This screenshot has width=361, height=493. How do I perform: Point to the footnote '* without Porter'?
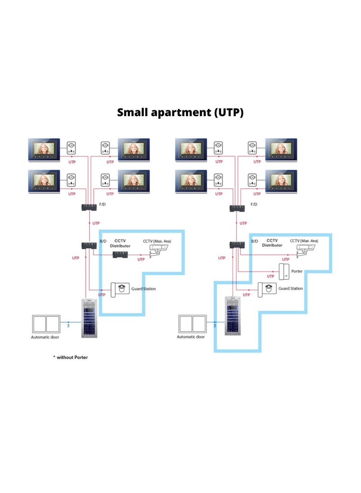(x=70, y=357)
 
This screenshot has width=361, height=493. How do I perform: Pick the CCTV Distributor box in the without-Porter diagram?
(x=120, y=254)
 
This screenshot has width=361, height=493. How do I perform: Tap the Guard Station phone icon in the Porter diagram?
(x=267, y=289)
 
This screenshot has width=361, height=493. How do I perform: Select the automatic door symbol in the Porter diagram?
(x=192, y=324)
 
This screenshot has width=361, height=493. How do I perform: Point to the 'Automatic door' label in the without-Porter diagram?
(x=45, y=337)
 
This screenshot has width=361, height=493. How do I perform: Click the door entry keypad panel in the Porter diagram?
(x=233, y=316)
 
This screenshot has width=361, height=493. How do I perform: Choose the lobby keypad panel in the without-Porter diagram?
(x=90, y=318)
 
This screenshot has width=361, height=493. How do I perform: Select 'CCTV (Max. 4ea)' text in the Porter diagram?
(x=304, y=241)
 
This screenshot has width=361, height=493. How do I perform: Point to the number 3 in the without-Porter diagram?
(x=68, y=325)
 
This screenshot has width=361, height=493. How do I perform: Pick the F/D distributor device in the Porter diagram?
(x=237, y=208)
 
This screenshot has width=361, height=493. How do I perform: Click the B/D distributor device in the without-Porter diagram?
(x=88, y=246)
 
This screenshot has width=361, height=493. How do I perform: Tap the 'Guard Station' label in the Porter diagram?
(x=291, y=288)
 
